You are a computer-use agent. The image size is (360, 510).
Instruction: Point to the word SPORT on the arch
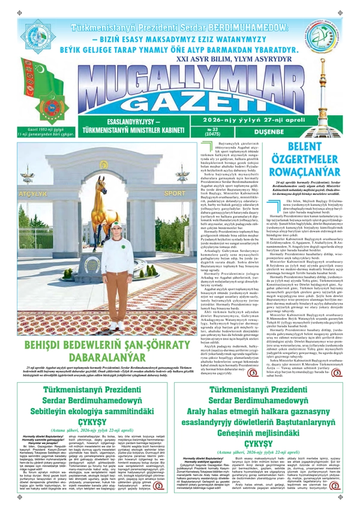click(174, 193)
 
